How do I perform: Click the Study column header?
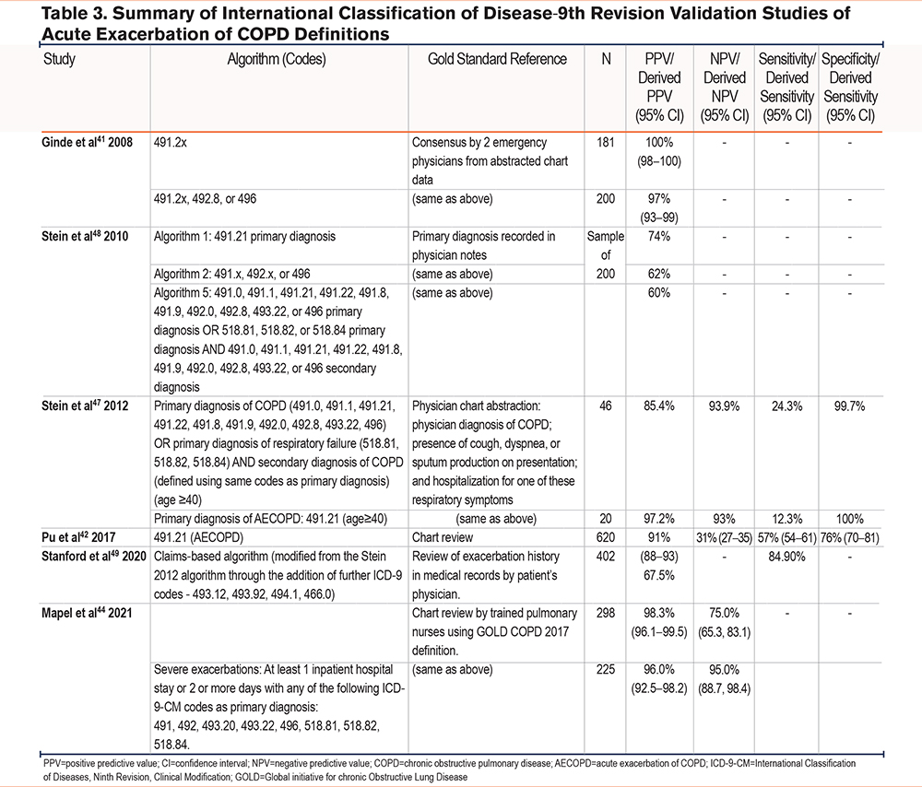[x=59, y=59]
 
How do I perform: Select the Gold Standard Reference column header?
[x=497, y=59]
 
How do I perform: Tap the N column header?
[x=606, y=59]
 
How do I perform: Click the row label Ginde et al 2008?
[x=87, y=142]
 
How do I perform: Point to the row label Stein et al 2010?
[x=85, y=236]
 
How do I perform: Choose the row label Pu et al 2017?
[x=78, y=537]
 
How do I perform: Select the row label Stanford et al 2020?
[x=93, y=556]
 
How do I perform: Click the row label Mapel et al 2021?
[x=87, y=613]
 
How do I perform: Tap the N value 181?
[x=606, y=142]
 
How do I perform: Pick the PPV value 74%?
[x=659, y=236]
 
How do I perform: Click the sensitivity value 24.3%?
[x=786, y=406]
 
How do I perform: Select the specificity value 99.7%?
[x=850, y=406]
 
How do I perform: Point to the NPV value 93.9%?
[x=724, y=406]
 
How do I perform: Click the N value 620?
[x=606, y=537]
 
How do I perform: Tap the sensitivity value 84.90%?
[x=786, y=556]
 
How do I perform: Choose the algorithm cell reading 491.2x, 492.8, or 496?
[x=206, y=199]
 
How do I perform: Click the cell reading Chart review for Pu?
[x=443, y=537]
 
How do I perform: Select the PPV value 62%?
[x=659, y=274]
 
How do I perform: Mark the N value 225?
[x=606, y=669]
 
